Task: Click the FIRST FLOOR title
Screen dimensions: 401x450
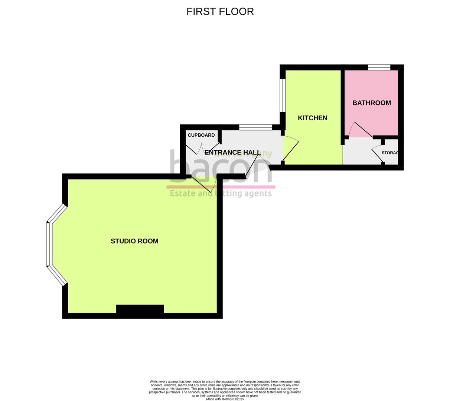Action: (x=220, y=12)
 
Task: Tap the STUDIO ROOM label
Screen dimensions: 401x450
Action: (x=134, y=241)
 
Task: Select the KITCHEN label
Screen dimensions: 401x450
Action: (x=313, y=118)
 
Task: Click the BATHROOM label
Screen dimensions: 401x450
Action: (x=371, y=103)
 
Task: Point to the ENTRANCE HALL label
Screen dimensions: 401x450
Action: (x=232, y=153)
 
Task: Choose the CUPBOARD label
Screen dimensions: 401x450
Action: (x=201, y=135)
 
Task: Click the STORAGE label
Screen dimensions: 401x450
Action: (x=390, y=153)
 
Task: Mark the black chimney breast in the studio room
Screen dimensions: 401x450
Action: (x=140, y=309)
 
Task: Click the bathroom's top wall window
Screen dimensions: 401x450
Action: (x=379, y=67)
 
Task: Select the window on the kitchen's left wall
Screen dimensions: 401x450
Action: (x=283, y=95)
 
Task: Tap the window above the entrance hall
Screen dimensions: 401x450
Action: (x=255, y=128)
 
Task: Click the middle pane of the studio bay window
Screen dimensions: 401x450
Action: (x=48, y=244)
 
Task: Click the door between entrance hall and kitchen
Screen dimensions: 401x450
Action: (x=291, y=149)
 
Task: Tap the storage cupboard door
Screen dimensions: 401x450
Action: (x=378, y=155)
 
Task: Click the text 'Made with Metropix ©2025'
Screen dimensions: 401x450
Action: (x=225, y=399)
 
